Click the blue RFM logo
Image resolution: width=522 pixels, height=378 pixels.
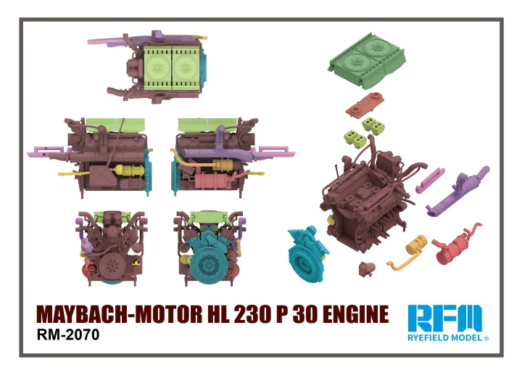click(x=444, y=319)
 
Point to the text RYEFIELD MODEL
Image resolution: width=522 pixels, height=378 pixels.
click(x=444, y=338)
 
